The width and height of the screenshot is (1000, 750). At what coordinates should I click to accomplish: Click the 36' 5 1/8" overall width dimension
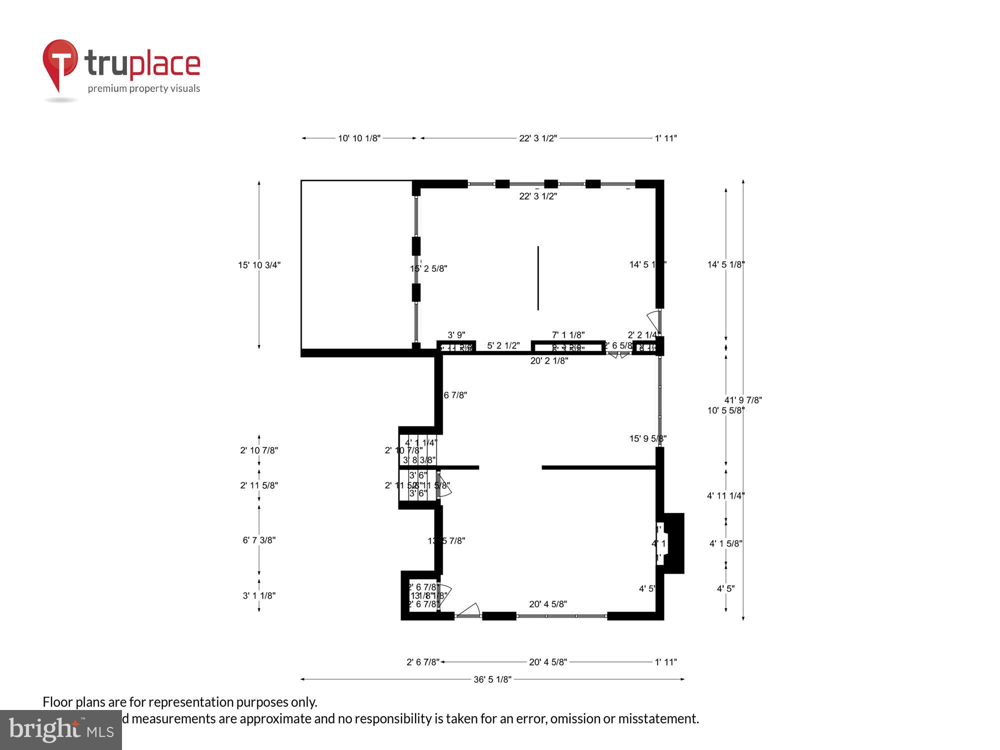pos(492,679)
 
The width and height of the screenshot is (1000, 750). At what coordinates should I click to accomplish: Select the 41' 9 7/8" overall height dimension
pos(743,400)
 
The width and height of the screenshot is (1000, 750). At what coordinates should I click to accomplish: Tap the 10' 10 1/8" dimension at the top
pos(359,138)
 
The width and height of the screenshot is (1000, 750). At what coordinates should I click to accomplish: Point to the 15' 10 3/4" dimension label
pos(259,265)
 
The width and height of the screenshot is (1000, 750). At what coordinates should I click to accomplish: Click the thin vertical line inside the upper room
pos(538,278)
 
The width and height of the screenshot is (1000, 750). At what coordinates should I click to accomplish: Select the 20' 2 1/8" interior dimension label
pos(549,361)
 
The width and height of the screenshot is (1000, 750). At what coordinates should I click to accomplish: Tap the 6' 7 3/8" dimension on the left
pos(259,540)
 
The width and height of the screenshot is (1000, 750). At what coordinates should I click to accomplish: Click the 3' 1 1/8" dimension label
pos(259,595)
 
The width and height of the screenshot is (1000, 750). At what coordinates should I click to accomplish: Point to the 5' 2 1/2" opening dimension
pos(503,345)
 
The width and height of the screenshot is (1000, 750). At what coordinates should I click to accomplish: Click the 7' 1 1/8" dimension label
pos(568,335)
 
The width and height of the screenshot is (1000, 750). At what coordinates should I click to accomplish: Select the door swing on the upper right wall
pos(654,320)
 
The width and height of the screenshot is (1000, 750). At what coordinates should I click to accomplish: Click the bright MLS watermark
pos(61,730)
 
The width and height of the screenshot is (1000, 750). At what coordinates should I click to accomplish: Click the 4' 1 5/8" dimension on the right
pos(725,543)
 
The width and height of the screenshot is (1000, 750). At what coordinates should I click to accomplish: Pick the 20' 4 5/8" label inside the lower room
pos(548,604)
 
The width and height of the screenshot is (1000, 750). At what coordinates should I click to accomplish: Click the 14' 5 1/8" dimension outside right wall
pos(725,264)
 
